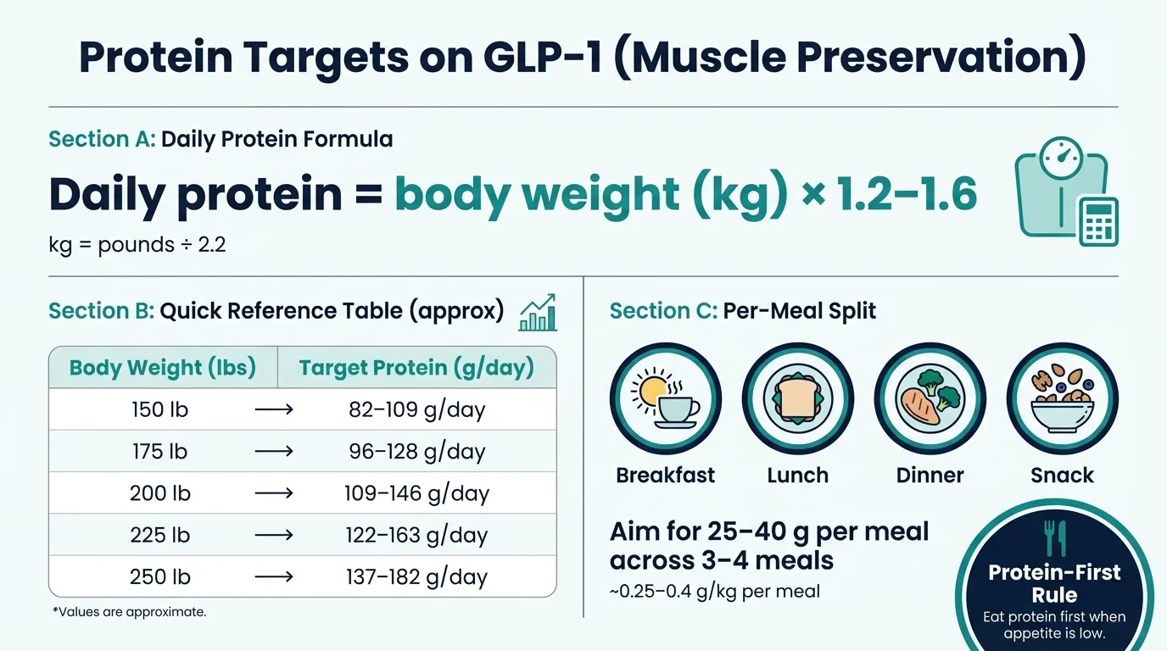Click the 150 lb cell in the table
click(159, 410)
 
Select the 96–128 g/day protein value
click(416, 452)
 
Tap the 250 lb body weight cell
click(159, 577)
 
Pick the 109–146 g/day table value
click(416, 493)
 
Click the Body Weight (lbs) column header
click(163, 368)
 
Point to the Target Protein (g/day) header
click(416, 368)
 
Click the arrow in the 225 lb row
click(273, 536)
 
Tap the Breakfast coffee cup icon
click(666, 398)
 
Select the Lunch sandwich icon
click(797, 398)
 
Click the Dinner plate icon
click(930, 398)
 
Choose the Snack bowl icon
click(1062, 398)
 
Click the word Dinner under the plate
click(930, 476)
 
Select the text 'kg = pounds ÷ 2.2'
click(137, 246)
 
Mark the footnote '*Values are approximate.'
click(129, 611)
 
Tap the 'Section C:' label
click(662, 311)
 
